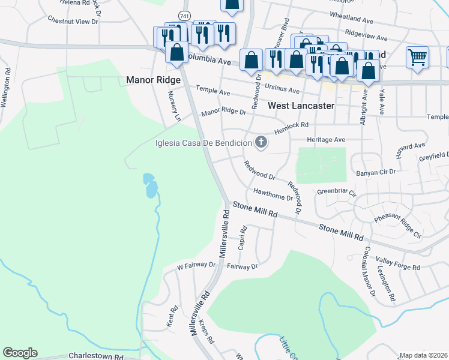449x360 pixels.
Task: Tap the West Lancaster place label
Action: [x=300, y=105]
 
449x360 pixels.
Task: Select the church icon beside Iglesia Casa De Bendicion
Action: [x=261, y=143]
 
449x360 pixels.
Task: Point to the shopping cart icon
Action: [x=417, y=58]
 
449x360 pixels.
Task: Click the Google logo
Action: [x=20, y=353]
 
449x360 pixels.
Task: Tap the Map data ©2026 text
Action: [x=424, y=355]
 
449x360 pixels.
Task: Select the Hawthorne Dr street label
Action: [x=273, y=194]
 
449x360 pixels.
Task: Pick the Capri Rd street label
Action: [x=243, y=238]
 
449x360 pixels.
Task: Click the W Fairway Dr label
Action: [x=196, y=265]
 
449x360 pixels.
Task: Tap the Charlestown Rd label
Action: [x=96, y=356]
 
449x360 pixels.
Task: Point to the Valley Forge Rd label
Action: [x=395, y=259]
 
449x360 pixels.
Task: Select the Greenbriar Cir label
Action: [x=337, y=193]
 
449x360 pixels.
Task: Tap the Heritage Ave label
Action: [x=326, y=139]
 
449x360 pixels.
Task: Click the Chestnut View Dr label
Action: [x=73, y=22]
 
